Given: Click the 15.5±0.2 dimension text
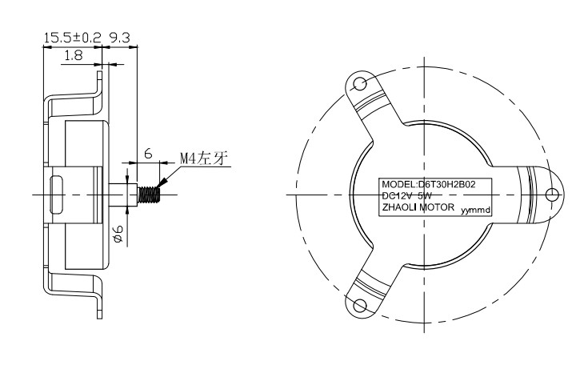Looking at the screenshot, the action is (72, 38).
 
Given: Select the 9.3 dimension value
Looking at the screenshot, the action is (119, 38).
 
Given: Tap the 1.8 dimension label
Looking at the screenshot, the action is (74, 55).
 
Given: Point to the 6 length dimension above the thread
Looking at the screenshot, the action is (148, 153).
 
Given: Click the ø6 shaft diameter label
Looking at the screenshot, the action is (118, 234).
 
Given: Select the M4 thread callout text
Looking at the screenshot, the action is (204, 158).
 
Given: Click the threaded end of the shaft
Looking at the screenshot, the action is (149, 195).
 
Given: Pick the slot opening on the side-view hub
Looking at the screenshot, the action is (57, 195).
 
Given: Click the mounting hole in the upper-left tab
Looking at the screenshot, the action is (360, 84).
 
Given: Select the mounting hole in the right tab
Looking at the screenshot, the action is (552, 195).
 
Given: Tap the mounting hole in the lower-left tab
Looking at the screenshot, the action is (360, 305).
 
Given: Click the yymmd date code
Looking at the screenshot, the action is (476, 211).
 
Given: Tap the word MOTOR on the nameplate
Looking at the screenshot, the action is (437, 207).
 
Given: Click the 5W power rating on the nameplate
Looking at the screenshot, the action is (424, 196).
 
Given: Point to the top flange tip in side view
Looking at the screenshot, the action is (99, 72).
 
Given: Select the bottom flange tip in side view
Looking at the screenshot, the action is (99, 317).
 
